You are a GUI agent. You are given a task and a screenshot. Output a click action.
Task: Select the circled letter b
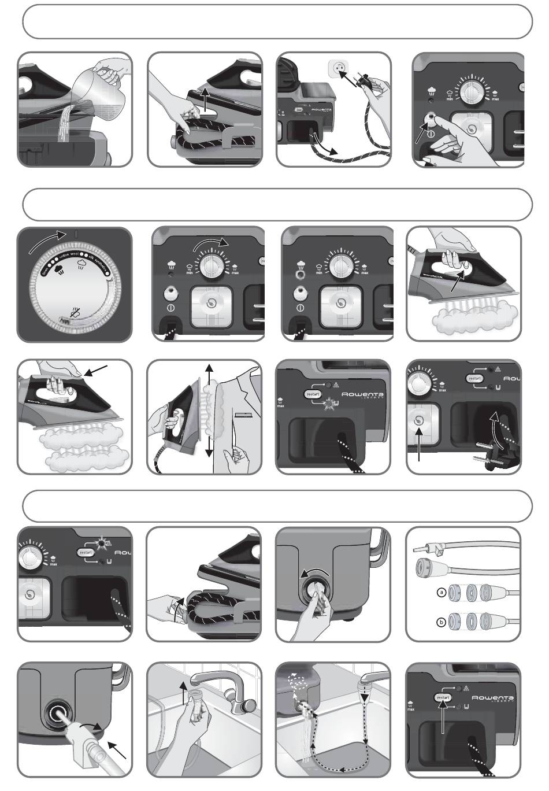click(440, 623)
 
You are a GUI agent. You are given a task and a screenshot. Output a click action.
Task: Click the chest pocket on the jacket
click(243, 415)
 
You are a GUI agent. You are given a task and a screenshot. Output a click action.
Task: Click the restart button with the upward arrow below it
click(442, 698)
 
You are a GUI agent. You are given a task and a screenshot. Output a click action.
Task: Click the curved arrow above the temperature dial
click(46, 242)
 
